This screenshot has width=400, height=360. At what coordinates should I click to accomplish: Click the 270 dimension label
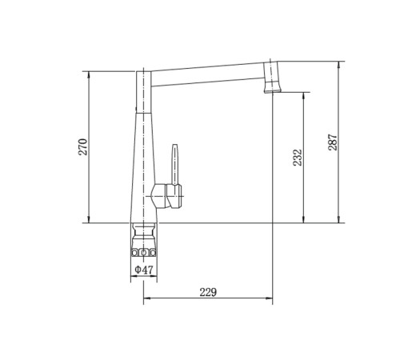coord(82,147)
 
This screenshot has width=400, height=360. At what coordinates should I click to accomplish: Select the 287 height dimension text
coord(333,142)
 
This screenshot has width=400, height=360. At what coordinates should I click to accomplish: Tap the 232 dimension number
coord(298,158)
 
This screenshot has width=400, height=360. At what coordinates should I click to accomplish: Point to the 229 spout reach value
coord(208,292)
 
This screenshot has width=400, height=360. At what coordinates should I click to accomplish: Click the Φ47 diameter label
coord(144,270)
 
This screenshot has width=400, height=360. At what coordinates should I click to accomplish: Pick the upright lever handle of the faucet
coord(174,165)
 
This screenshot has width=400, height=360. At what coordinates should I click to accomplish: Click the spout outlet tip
coord(273,91)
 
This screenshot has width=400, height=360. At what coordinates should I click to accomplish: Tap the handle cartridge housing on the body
coord(166,196)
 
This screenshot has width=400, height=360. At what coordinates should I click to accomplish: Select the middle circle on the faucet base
coord(144,252)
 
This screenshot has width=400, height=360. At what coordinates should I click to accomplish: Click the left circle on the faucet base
coord(135,252)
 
